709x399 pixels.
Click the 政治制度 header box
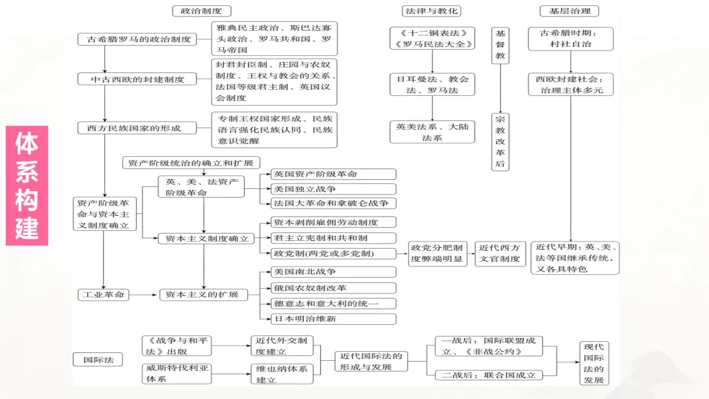coord(201,10)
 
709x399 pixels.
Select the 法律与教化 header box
coord(431,10)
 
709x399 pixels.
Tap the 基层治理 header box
coord(569,10)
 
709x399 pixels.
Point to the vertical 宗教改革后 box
coord(501,142)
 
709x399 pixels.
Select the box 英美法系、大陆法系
coord(431,132)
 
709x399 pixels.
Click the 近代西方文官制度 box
coord(500,253)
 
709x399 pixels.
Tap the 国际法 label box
coord(98,360)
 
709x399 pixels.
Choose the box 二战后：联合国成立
coord(488,375)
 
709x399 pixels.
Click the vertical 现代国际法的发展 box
coord(594,363)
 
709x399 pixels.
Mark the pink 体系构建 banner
coord(27,186)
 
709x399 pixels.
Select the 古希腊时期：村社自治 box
coord(570,38)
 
